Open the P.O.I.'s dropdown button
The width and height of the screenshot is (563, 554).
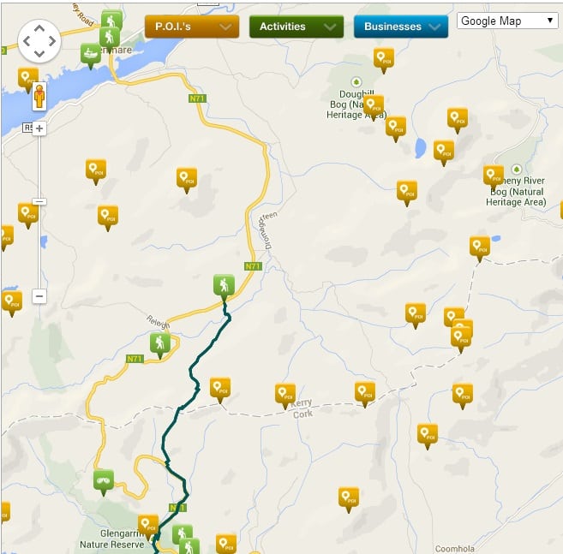click(x=190, y=27)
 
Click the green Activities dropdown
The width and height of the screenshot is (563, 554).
click(x=296, y=27)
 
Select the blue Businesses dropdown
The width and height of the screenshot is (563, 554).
click(x=400, y=27)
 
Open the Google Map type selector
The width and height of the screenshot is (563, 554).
click(x=507, y=21)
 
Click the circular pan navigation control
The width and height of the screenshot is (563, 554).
click(x=39, y=40)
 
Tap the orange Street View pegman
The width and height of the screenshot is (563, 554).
click(x=39, y=95)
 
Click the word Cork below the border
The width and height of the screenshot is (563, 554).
click(x=302, y=414)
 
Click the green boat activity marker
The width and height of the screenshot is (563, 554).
click(x=90, y=54)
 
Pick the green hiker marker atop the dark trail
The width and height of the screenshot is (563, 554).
click(x=223, y=284)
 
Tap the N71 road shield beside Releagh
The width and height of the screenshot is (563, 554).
click(x=135, y=359)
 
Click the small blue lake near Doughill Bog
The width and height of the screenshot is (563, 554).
click(x=421, y=148)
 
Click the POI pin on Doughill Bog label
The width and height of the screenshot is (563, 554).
click(x=373, y=105)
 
